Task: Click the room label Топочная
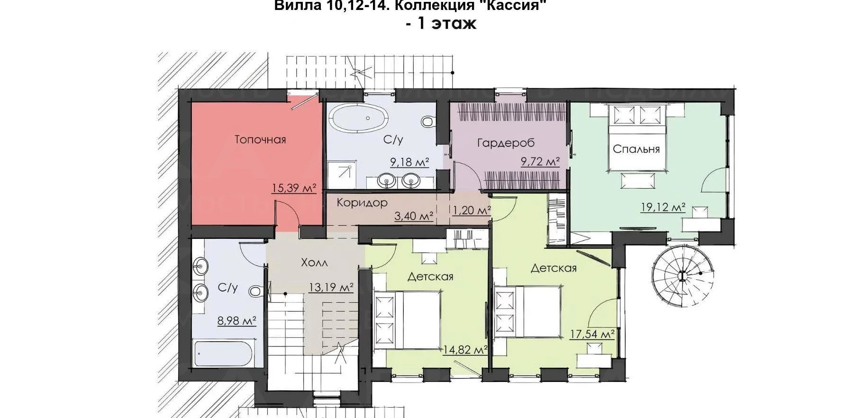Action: tap(260, 139)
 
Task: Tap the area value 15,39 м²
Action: tap(294, 188)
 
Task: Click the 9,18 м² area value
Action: tap(409, 163)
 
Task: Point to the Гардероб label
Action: tap(506, 143)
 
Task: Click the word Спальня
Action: tap(636, 149)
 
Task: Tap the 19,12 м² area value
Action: tap(663, 208)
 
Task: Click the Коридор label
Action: tap(362, 203)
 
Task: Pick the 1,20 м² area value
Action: tap(472, 210)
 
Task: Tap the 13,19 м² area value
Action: tap(331, 287)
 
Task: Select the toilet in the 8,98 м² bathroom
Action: tap(255, 290)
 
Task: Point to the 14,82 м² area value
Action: tap(465, 350)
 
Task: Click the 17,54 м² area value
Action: tap(592, 334)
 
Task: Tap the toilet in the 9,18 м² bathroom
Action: tap(428, 122)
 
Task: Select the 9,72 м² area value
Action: tap(540, 162)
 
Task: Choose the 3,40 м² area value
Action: tap(414, 217)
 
